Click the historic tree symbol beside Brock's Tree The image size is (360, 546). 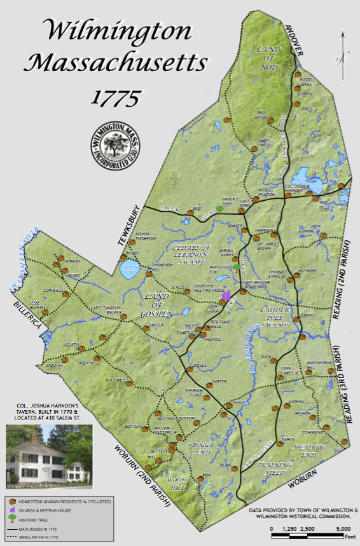tap(220, 208)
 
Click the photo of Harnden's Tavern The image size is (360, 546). tap(48, 453)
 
